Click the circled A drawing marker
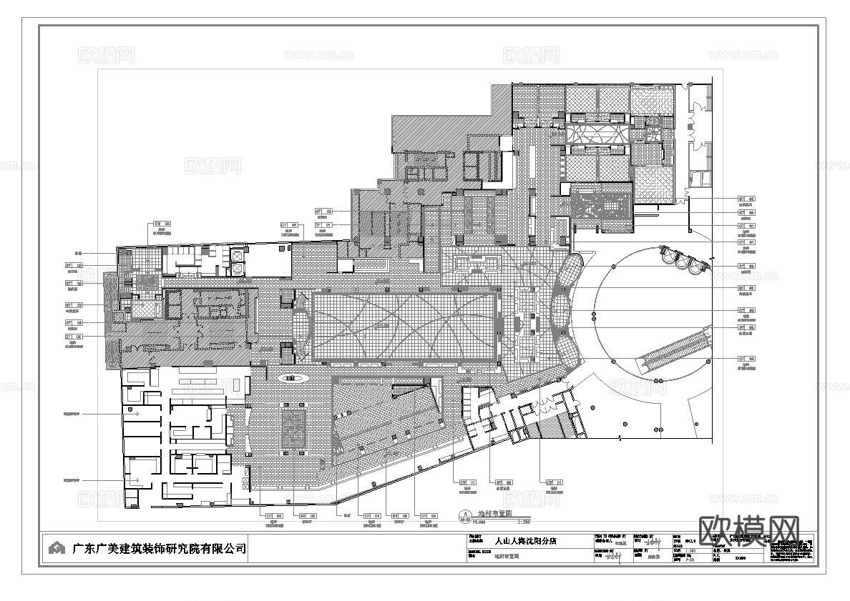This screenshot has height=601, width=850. [464, 513]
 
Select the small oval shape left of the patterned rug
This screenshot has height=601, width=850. [291, 377]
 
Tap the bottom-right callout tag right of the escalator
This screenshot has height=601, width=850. [746, 359]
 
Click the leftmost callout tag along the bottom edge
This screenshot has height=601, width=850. [274, 515]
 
